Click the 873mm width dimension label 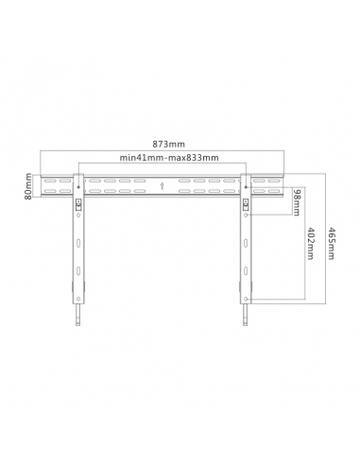pyautogui.click(x=168, y=145)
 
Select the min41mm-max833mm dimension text pyautogui.click(x=169, y=158)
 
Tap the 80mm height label pyautogui.click(x=28, y=186)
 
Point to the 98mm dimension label pyautogui.click(x=297, y=202)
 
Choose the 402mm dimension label pyautogui.click(x=310, y=243)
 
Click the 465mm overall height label pyautogui.click(x=331, y=243)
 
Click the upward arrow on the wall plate pyautogui.click(x=162, y=185)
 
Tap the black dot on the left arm pyautogui.click(x=78, y=187)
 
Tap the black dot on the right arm pyautogui.click(x=246, y=187)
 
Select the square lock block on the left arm pyautogui.click(x=78, y=204)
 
